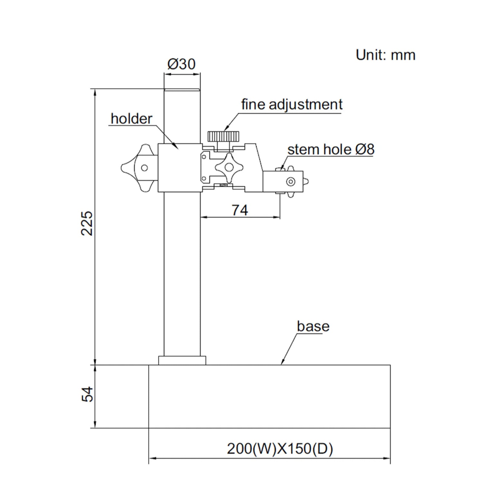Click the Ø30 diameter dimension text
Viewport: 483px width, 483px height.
point(181,64)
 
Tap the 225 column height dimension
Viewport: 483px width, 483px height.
point(88,223)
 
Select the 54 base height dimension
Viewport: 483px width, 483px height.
point(88,394)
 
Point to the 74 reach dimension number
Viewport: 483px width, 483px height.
point(240,210)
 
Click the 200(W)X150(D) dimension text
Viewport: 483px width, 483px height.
point(280,449)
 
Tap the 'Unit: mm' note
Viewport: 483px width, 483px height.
point(385,55)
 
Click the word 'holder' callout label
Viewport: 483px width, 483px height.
point(132,119)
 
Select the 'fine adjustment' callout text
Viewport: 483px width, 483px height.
point(292,104)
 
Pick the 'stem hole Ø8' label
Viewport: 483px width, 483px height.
point(331,149)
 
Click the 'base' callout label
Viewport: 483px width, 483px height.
point(313,326)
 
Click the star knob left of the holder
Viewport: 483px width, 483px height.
point(139,168)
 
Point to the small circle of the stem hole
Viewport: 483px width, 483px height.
point(291,181)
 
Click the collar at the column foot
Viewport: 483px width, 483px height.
point(182,360)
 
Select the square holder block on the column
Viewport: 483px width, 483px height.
point(180,168)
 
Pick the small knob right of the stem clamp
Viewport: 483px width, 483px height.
point(305,181)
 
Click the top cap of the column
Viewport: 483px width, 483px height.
point(182,90)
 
